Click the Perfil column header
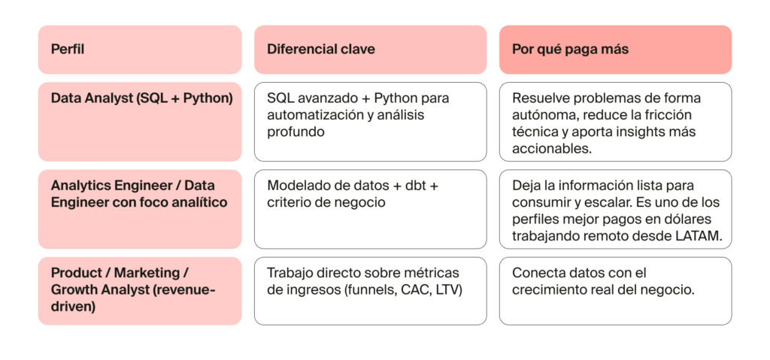[x=67, y=50]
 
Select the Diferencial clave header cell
[x=321, y=50]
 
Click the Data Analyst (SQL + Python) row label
[x=141, y=98]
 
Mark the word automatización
[x=310, y=115]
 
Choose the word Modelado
[x=296, y=185]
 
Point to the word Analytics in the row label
[x=79, y=185]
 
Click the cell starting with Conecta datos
[x=615, y=291]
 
